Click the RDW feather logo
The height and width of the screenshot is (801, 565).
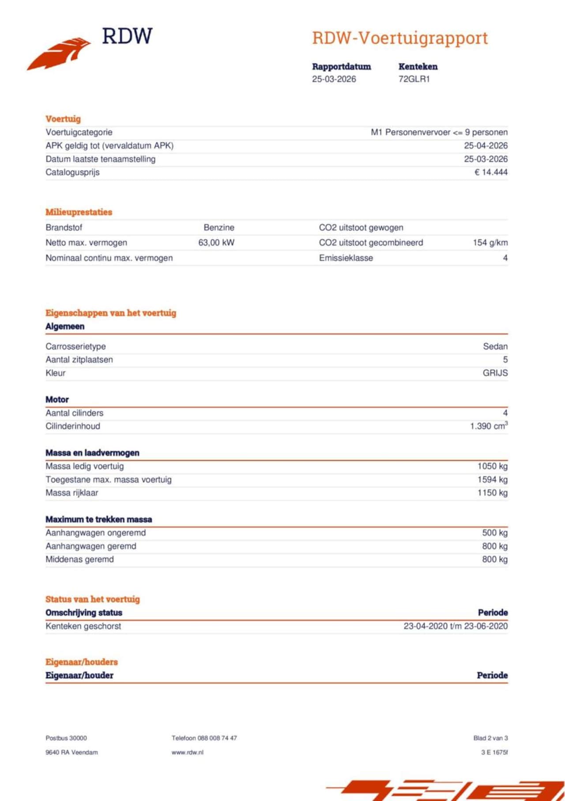pyautogui.click(x=60, y=53)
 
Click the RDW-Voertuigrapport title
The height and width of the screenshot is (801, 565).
pyautogui.click(x=400, y=38)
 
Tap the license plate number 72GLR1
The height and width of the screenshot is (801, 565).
pyautogui.click(x=414, y=79)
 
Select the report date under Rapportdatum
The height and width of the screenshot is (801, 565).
pyautogui.click(x=334, y=79)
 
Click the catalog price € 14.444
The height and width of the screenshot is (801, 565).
pyautogui.click(x=491, y=172)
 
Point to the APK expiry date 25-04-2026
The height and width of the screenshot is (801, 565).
pyautogui.click(x=486, y=146)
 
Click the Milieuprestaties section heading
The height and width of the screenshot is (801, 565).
pyautogui.click(x=79, y=212)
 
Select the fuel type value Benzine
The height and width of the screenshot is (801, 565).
pyautogui.click(x=219, y=228)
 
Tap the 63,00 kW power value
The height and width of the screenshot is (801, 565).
pyautogui.click(x=216, y=243)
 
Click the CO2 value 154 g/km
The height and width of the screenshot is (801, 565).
pyautogui.click(x=490, y=243)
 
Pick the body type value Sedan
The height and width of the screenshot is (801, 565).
pyautogui.click(x=495, y=347)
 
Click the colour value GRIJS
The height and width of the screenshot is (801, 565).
pyautogui.click(x=495, y=373)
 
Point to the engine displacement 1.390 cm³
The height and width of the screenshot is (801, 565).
pyautogui.click(x=489, y=426)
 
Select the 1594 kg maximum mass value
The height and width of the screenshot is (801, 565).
pyautogui.click(x=492, y=480)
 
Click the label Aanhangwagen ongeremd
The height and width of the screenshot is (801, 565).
pyautogui.click(x=95, y=533)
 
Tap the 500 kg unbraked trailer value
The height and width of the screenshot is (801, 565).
pyautogui.click(x=494, y=533)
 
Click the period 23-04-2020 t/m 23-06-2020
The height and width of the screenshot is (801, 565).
pyautogui.click(x=455, y=626)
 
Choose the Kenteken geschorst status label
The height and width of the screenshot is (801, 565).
pyautogui.click(x=83, y=626)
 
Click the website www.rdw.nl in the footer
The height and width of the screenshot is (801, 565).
pyautogui.click(x=187, y=752)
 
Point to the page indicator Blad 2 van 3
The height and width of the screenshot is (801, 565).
pyautogui.click(x=490, y=738)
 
